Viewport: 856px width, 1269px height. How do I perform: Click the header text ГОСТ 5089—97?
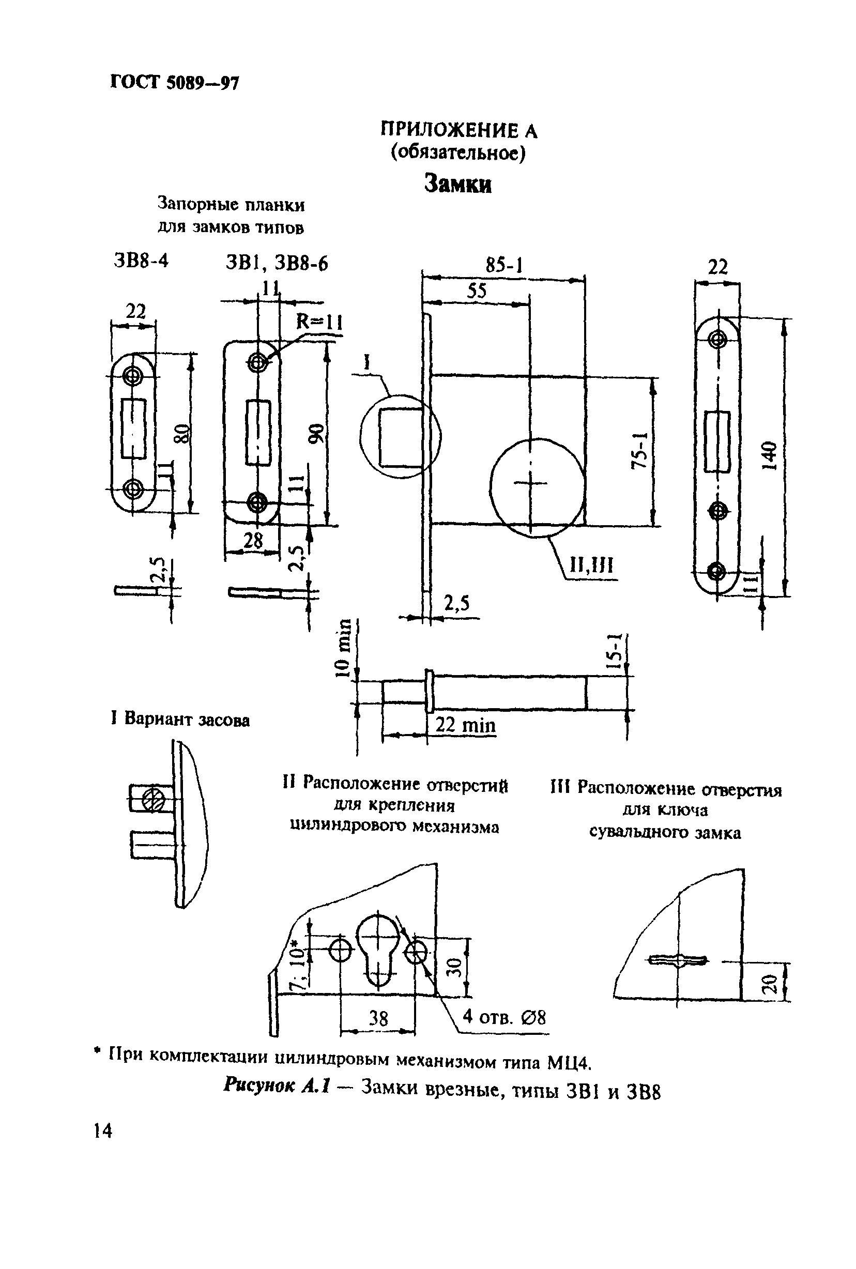click(174, 82)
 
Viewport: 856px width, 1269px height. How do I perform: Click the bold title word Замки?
click(457, 184)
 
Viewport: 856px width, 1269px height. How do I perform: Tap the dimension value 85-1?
click(504, 266)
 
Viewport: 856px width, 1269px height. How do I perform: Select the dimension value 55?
click(476, 291)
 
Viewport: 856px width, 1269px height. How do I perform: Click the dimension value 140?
click(769, 456)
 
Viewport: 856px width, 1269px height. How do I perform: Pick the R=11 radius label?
click(319, 322)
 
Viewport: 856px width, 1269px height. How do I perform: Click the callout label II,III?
click(591, 565)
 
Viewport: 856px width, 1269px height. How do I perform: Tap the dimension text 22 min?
click(465, 725)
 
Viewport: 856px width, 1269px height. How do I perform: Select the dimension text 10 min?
click(343, 649)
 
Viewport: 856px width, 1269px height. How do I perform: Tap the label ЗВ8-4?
click(141, 261)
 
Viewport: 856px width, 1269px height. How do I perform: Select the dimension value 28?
click(253, 540)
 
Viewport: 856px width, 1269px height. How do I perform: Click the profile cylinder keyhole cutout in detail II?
click(377, 950)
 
